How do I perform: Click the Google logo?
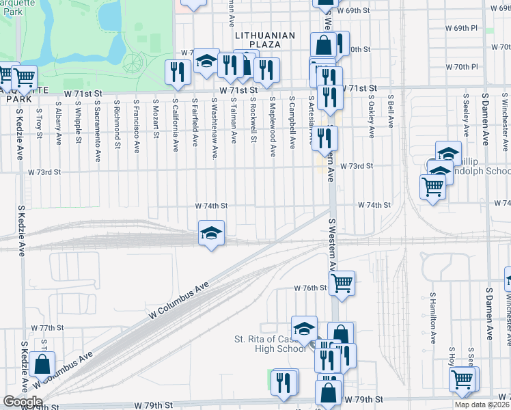tap(23, 402)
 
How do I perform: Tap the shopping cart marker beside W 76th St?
tap(342, 282)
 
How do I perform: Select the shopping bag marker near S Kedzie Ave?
tap(43, 365)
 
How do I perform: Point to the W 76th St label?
tap(311, 288)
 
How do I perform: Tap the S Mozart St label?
tap(156, 120)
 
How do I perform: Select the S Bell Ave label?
tap(391, 111)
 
